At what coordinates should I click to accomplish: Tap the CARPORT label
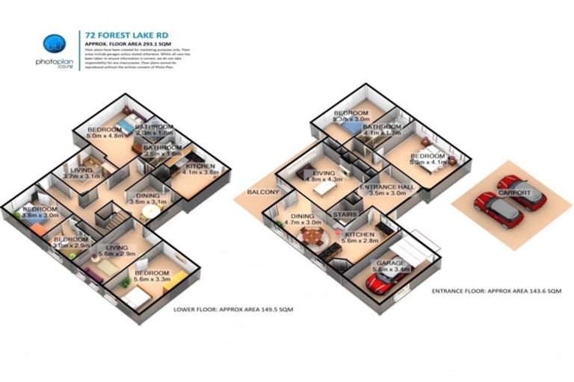point(516,192)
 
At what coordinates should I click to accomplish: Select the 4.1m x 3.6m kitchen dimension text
point(200,172)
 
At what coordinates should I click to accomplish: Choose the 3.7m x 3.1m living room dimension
point(81,176)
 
